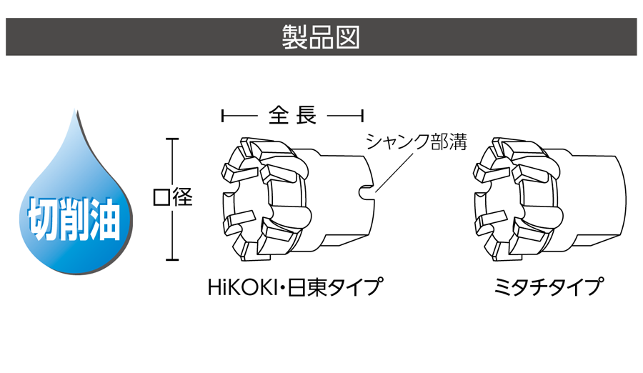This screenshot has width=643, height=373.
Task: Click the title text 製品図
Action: [321, 37]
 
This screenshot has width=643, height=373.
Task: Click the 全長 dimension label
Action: [293, 115]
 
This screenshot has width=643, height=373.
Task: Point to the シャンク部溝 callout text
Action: [416, 141]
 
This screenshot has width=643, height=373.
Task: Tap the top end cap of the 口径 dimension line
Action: [171, 138]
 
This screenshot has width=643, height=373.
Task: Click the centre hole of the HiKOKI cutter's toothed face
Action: [246, 199]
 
